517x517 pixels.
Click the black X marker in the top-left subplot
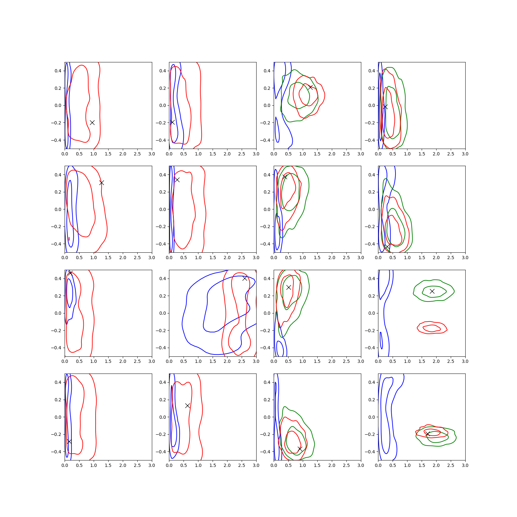92,122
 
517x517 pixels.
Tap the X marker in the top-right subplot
385,107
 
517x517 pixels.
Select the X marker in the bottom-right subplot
427,434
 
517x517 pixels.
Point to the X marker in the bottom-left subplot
69,441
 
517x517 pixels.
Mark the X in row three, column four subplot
432,291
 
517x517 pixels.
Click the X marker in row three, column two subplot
245,278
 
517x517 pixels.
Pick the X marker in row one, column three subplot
310,87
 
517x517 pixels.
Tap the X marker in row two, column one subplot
101,183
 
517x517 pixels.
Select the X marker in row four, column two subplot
187,406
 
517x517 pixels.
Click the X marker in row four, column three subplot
300,449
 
